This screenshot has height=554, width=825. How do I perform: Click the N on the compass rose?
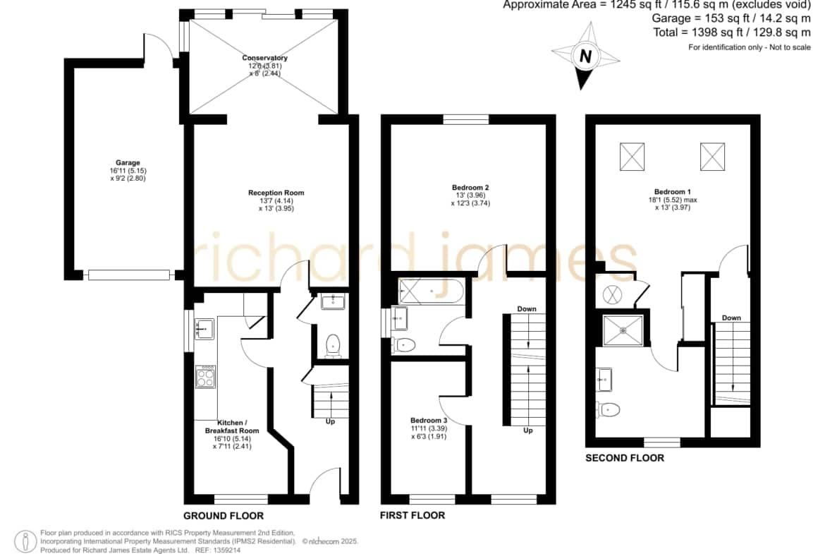[585, 55]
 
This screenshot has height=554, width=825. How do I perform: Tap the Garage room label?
[128, 163]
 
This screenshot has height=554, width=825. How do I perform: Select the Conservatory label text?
[264, 58]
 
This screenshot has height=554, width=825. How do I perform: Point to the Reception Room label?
[276, 193]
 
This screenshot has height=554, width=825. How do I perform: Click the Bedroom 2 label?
[470, 188]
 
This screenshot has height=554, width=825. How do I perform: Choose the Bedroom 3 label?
[429, 420]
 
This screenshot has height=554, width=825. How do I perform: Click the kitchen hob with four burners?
[205, 377]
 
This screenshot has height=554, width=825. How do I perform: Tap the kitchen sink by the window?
[204, 329]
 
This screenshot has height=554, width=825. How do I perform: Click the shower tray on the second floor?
[623, 331]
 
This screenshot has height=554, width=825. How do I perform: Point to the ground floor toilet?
[333, 346]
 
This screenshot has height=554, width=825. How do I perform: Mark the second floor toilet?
[609, 409]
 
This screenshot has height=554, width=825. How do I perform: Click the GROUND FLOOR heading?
[224, 516]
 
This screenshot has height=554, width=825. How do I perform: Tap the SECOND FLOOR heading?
[625, 457]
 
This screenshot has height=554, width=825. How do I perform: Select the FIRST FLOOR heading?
[412, 515]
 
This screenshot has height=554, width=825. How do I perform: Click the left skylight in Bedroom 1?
[632, 157]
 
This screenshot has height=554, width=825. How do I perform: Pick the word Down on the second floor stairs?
[731, 318]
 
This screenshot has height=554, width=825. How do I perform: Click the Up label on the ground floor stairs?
[330, 421]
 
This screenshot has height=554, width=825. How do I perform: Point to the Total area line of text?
[732, 32]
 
